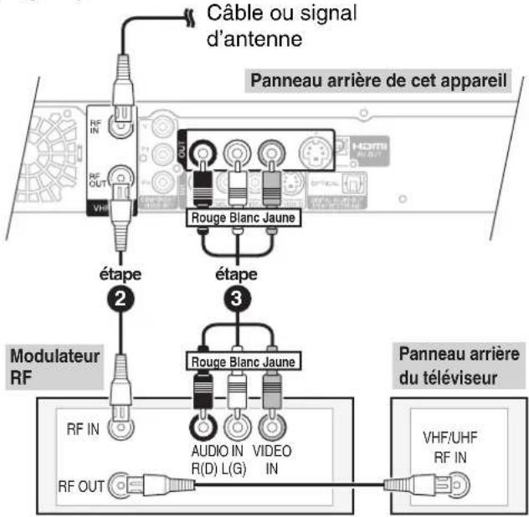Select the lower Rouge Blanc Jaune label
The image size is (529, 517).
[239, 361]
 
